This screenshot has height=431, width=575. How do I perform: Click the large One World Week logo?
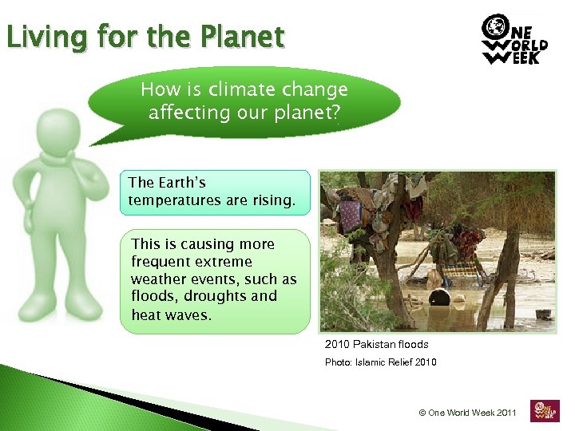coord(514,40)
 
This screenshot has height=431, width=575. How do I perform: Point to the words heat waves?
coord(171,314)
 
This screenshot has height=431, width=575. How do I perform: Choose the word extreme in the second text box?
coord(224,262)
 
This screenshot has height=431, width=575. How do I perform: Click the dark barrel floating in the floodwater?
coord(439,299)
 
